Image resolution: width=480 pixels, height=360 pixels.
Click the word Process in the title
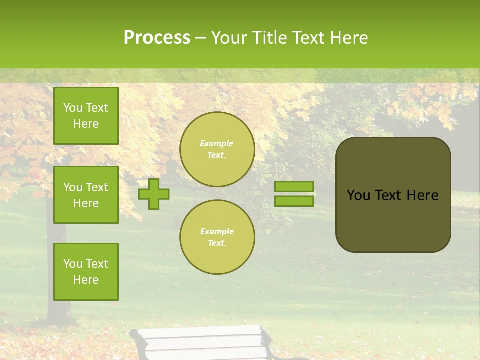point(157,38)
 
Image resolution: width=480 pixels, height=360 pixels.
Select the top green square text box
point(86,116)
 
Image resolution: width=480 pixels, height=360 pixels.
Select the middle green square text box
point(86,195)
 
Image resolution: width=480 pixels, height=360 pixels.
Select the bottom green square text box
point(86,271)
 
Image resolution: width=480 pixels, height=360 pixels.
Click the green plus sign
point(154,194)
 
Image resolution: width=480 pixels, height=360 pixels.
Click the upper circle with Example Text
point(217,149)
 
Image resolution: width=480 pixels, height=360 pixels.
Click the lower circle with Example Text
point(217,237)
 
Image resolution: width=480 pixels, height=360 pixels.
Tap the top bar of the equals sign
point(294,186)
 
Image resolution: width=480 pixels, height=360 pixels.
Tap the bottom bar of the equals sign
point(294,201)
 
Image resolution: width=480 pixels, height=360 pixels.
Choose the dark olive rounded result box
point(393,220)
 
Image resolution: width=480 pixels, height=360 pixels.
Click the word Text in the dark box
point(388,195)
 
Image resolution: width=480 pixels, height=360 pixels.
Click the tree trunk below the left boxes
point(57,310)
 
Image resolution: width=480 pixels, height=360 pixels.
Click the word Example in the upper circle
point(216,143)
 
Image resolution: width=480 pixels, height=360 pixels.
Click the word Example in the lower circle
point(216,231)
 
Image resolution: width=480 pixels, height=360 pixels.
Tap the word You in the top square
point(72,108)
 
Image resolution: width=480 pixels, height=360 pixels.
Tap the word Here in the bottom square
point(86,280)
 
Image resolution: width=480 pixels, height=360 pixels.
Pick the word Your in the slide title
point(229,38)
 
